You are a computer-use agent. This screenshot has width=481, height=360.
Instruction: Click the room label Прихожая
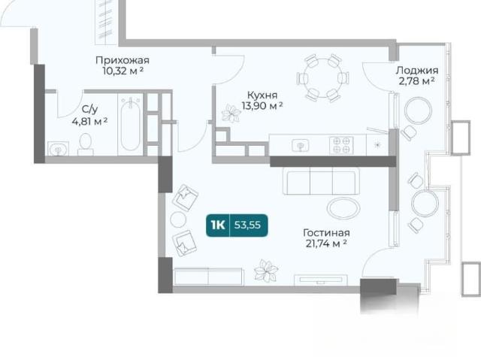[122, 60]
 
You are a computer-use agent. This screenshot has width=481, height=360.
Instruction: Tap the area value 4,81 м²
[89, 122]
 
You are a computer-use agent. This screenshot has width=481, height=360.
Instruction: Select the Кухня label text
[262, 95]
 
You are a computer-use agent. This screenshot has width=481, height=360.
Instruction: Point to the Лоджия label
[417, 71]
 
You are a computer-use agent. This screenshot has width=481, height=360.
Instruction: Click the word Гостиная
[326, 233]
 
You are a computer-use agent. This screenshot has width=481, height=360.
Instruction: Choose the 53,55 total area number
[247, 225]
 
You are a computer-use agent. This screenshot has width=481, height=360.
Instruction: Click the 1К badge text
[218, 225]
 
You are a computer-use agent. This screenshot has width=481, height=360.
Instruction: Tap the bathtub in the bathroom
[130, 124]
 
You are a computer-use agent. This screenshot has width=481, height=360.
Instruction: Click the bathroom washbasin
[58, 148]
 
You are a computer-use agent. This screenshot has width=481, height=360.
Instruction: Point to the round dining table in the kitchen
[323, 78]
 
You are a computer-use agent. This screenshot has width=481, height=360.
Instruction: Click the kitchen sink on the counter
[301, 145]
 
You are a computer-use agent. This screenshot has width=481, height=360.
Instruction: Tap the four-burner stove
[341, 145]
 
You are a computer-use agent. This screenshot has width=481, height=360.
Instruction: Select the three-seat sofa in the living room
[321, 181]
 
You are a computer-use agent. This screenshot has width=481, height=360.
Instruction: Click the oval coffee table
[343, 207]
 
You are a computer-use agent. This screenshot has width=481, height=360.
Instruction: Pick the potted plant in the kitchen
[231, 113]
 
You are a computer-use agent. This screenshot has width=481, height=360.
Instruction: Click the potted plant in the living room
[266, 271]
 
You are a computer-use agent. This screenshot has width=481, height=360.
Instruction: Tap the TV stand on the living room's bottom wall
[321, 280]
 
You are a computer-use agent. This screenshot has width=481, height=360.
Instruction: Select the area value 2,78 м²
[416, 81]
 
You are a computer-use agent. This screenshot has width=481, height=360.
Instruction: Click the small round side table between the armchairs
[178, 219]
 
